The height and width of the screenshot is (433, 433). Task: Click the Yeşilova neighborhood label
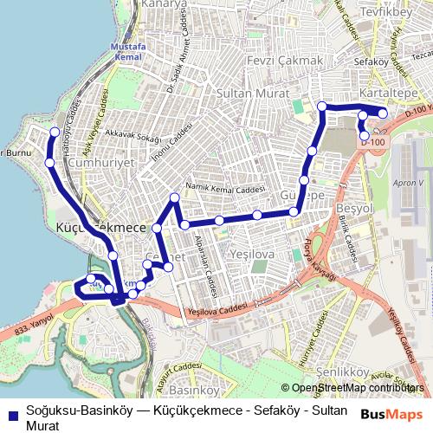pyautogui.click(x=253, y=254)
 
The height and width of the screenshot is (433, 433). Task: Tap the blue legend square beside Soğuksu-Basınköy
pyautogui.click(x=11, y=413)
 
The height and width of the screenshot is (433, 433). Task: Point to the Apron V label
pyautogui.click(x=405, y=183)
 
